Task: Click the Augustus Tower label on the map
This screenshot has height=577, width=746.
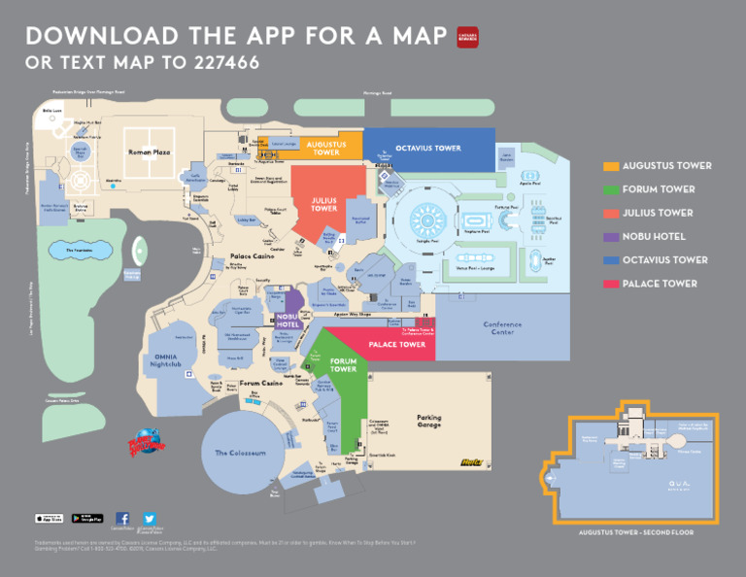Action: [x=326, y=149]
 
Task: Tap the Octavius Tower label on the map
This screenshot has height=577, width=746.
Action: [x=427, y=149]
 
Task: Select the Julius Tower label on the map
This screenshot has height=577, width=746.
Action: [x=323, y=205]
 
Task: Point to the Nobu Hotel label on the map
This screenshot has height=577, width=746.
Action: [x=288, y=320]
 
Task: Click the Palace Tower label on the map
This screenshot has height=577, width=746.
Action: [x=397, y=345]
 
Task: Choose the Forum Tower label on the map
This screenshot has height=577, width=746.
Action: [x=343, y=366]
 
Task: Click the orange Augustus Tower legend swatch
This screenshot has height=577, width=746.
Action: [x=611, y=166]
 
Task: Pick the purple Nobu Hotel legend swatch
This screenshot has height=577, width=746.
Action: [x=611, y=237]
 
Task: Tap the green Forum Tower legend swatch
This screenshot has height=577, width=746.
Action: [x=611, y=189]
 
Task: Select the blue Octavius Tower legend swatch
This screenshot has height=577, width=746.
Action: [x=611, y=260]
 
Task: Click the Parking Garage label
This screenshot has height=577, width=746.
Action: [x=428, y=422]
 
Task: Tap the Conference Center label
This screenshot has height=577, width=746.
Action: [x=502, y=327]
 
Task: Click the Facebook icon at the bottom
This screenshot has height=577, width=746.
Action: [x=122, y=519]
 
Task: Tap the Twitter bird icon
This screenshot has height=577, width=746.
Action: [x=150, y=519]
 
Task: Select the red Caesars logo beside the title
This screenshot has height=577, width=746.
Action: [x=468, y=37]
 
